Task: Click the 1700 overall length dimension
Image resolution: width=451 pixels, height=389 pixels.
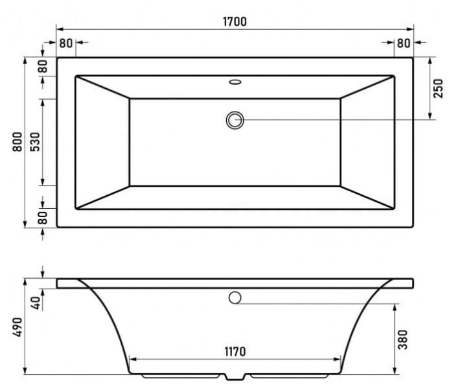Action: [235, 21]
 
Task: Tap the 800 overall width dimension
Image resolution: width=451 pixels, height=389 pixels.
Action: [17, 142]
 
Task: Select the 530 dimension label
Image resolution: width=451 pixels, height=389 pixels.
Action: [35, 142]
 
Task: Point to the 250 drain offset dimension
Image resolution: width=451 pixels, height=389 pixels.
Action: [438, 89]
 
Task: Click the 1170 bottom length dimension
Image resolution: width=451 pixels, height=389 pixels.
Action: [235, 351]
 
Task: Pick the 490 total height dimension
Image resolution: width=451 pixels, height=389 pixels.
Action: [17, 327]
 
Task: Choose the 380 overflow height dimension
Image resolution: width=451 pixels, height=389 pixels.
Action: [402, 340]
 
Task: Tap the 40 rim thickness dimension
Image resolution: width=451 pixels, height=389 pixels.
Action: [36, 303]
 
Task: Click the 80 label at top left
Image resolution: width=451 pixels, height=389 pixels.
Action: [66, 43]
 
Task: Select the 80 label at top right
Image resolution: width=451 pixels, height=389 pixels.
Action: [404, 43]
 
